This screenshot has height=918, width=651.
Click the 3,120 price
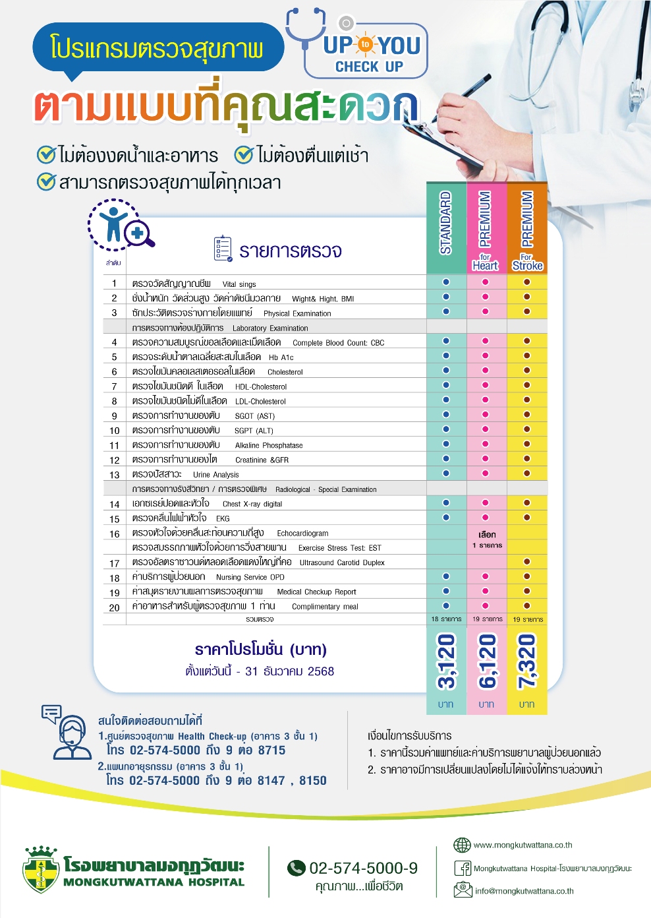click(446, 661)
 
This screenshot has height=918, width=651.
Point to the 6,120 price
click(486, 661)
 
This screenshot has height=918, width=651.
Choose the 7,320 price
click(526, 661)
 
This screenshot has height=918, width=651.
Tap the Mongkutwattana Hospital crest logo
click(41, 869)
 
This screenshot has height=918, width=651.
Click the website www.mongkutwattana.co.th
click(523, 845)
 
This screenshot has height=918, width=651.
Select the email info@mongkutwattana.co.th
click(524, 891)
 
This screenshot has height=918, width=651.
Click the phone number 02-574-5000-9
click(363, 868)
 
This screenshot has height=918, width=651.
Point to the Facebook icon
click(463, 868)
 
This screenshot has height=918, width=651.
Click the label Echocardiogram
click(302, 533)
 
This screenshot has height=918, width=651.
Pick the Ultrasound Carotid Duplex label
click(342, 563)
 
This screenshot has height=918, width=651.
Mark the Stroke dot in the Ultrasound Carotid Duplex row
click(527, 562)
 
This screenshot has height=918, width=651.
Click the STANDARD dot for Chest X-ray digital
click(446, 503)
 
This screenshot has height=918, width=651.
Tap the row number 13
click(115, 475)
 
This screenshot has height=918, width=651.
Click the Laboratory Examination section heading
click(270, 328)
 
